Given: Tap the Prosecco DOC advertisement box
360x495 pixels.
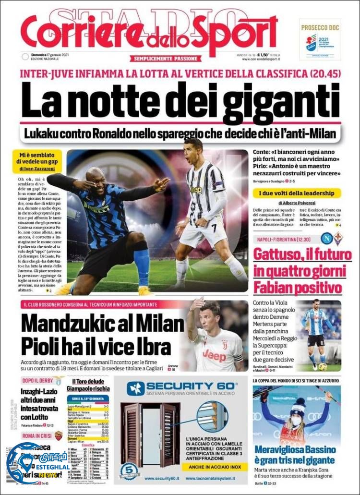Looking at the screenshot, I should click(x=320, y=39).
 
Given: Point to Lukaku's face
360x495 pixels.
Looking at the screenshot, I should click(x=96, y=181).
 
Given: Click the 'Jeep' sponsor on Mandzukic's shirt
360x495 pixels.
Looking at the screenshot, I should click(x=214, y=355).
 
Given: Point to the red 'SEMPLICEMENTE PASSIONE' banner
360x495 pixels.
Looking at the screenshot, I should click(x=165, y=59).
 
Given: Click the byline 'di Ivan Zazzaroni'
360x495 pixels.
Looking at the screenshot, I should click(x=40, y=169).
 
